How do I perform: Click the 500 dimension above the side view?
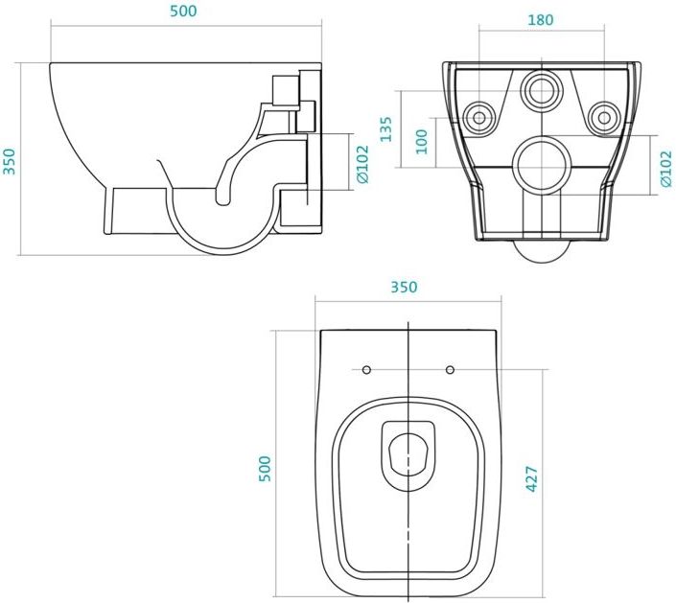(183, 11)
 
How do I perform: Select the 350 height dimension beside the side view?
(9, 161)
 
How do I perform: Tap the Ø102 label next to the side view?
(362, 164)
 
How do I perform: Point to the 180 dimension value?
(540, 20)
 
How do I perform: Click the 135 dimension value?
(386, 128)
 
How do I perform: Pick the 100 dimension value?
(421, 142)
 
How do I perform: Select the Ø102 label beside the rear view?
(665, 169)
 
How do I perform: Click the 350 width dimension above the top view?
(404, 287)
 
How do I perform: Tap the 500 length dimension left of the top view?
(265, 469)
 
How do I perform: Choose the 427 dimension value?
(532, 479)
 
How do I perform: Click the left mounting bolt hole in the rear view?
(479, 117)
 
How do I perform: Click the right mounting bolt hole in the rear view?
(604, 117)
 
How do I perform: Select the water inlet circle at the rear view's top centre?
(542, 90)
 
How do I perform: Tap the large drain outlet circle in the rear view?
(542, 166)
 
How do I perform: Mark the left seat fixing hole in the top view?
(366, 369)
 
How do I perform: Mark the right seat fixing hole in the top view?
(450, 369)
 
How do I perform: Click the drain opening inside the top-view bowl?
(408, 454)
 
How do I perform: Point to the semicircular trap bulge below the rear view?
(542, 251)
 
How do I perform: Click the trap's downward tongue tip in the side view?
(222, 201)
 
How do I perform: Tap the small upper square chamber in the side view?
(286, 90)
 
